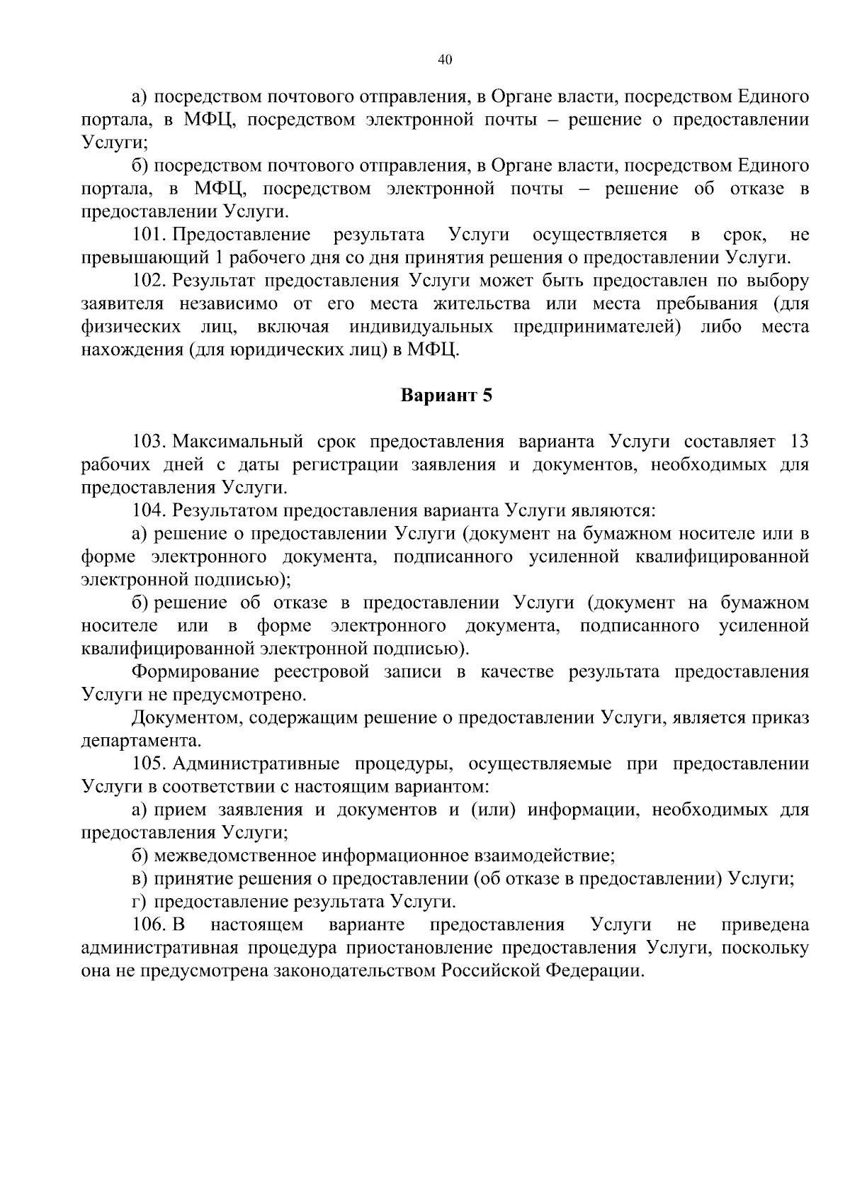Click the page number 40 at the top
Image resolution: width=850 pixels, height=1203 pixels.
pyautogui.click(x=445, y=60)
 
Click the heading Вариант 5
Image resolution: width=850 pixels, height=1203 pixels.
pyautogui.click(x=446, y=396)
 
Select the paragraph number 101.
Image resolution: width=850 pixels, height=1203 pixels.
pyautogui.click(x=149, y=235)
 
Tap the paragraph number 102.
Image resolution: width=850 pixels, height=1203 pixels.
pyautogui.click(x=149, y=281)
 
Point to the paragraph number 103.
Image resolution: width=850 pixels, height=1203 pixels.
pyautogui.click(x=149, y=442)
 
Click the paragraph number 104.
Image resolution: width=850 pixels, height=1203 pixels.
pyautogui.click(x=149, y=510)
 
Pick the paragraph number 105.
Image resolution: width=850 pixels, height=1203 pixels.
pyautogui.click(x=149, y=763)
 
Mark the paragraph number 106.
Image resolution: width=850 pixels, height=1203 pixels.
pyautogui.click(x=149, y=925)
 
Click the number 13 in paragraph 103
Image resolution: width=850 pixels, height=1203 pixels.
pyautogui.click(x=798, y=442)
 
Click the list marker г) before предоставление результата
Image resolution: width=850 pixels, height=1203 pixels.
pyautogui.click(x=140, y=902)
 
